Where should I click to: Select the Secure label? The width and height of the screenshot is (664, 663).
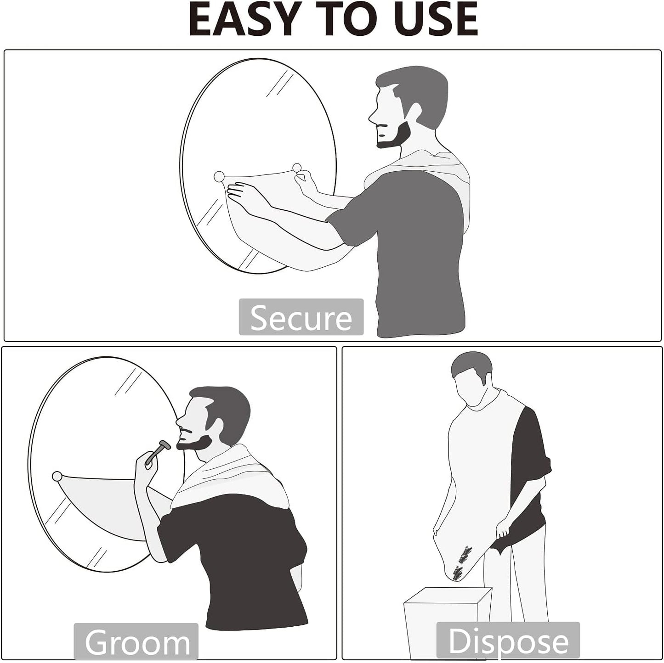tap(301, 317)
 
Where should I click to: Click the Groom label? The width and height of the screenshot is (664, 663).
tap(136, 642)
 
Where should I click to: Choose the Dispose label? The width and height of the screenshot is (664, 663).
tap(508, 641)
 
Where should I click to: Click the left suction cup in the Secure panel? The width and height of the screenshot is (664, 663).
tap(219, 176)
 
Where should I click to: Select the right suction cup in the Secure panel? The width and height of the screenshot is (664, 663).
tap(297, 167)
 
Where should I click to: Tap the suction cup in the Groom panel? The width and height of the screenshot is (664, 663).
tap(57, 476)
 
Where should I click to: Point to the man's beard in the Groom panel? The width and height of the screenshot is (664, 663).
tap(193, 442)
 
